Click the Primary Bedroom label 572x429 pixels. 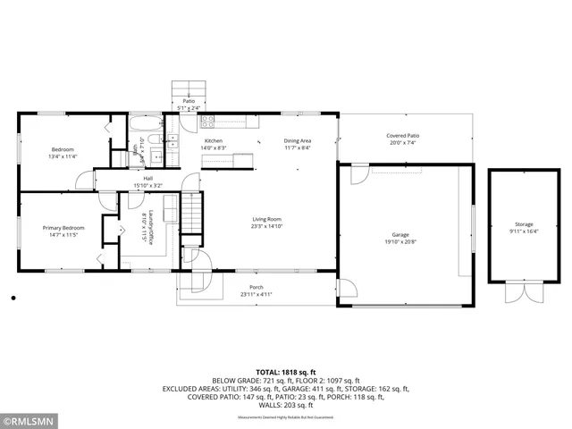pyautogui.click(x=63, y=228)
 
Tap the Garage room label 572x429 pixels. pyautogui.click(x=400, y=234)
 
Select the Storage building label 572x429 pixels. pyautogui.click(x=523, y=224)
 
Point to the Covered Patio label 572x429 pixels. pyautogui.click(x=402, y=135)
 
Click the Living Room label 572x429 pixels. pyautogui.click(x=266, y=219)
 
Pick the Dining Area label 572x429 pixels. pyautogui.click(x=298, y=141)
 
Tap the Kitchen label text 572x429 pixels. pyautogui.click(x=214, y=141)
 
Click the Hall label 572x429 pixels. pyautogui.click(x=147, y=178)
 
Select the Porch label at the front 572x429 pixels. pyautogui.click(x=256, y=287)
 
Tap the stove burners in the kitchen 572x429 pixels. pyautogui.click(x=207, y=122)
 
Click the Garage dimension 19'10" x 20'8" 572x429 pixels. pyautogui.click(x=400, y=242)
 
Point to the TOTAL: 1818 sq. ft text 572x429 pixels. pyautogui.click(x=286, y=371)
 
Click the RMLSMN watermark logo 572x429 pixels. pyautogui.click(x=29, y=418)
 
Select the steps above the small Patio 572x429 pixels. pyautogui.click(x=189, y=89)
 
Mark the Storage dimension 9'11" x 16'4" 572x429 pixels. pyautogui.click(x=523, y=231)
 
